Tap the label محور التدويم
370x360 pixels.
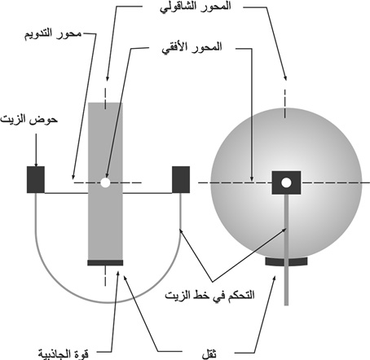click(x=53, y=34)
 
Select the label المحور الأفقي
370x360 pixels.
click(x=192, y=48)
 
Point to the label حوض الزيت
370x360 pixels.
click(x=29, y=120)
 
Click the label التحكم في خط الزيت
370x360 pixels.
click(x=209, y=295)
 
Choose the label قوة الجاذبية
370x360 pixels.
click(x=64, y=353)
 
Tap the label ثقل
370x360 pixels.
click(x=209, y=354)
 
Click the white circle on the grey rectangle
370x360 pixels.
click(x=105, y=182)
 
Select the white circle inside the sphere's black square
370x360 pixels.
click(x=286, y=182)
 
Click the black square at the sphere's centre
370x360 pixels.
click(x=286, y=182)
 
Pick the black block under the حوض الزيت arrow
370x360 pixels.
click(x=36, y=179)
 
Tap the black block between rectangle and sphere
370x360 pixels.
click(x=181, y=179)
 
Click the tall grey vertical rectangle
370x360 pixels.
click(x=105, y=181)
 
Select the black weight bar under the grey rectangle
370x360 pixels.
click(x=105, y=262)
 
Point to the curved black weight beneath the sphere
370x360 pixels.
click(x=286, y=261)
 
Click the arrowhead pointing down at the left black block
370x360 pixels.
click(x=36, y=164)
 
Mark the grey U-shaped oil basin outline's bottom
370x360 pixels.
click(x=108, y=302)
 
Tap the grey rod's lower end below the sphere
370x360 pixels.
click(x=286, y=305)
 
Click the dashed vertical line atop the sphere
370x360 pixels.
click(x=285, y=103)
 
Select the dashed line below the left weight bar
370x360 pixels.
click(x=105, y=275)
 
